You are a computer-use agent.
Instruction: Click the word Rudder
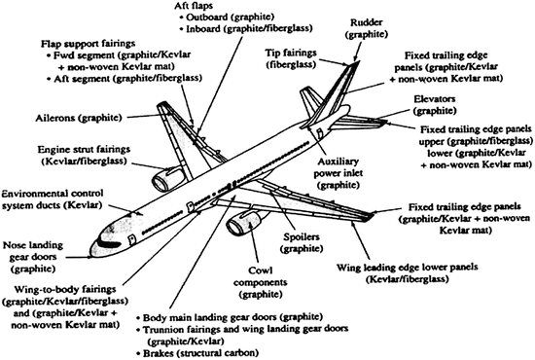point(367,22)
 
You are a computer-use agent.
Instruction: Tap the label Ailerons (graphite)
point(79,118)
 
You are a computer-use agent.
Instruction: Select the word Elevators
point(435,99)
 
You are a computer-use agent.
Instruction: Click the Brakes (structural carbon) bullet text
point(197,353)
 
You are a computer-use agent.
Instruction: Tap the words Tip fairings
point(291,53)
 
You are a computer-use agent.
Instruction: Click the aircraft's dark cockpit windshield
point(109,243)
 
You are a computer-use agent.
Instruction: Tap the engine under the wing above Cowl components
point(243,222)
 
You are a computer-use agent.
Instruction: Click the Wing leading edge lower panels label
point(407,273)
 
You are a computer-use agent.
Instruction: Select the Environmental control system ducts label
point(53,199)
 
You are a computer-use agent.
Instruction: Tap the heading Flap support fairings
point(88,44)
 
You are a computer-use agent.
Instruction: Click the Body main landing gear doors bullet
point(230,317)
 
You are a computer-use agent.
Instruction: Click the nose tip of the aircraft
point(91,253)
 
